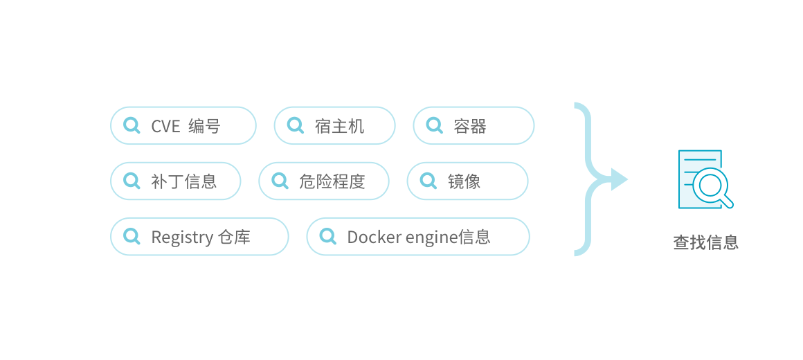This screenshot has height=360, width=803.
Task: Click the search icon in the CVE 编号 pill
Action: (x=131, y=125)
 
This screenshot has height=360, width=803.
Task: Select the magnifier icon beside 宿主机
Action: (x=295, y=125)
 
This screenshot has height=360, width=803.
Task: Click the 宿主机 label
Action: (x=339, y=126)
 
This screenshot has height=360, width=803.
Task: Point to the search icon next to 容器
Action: (x=434, y=125)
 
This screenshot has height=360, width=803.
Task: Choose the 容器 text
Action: (x=470, y=126)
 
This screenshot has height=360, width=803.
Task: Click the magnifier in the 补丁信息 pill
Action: (x=131, y=181)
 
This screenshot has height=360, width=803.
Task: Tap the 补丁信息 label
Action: (x=184, y=181)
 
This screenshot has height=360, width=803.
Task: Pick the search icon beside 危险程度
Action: (x=280, y=181)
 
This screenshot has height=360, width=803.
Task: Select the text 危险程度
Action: (x=332, y=181)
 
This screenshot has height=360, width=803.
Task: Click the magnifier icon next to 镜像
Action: (x=428, y=181)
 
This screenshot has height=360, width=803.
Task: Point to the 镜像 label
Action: (x=464, y=181)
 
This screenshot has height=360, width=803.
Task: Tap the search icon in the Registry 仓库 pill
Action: (x=131, y=236)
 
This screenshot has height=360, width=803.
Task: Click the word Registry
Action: (x=182, y=237)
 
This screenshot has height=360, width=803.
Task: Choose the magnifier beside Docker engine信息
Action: (x=327, y=236)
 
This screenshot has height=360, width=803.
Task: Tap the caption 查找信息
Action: (x=705, y=242)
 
